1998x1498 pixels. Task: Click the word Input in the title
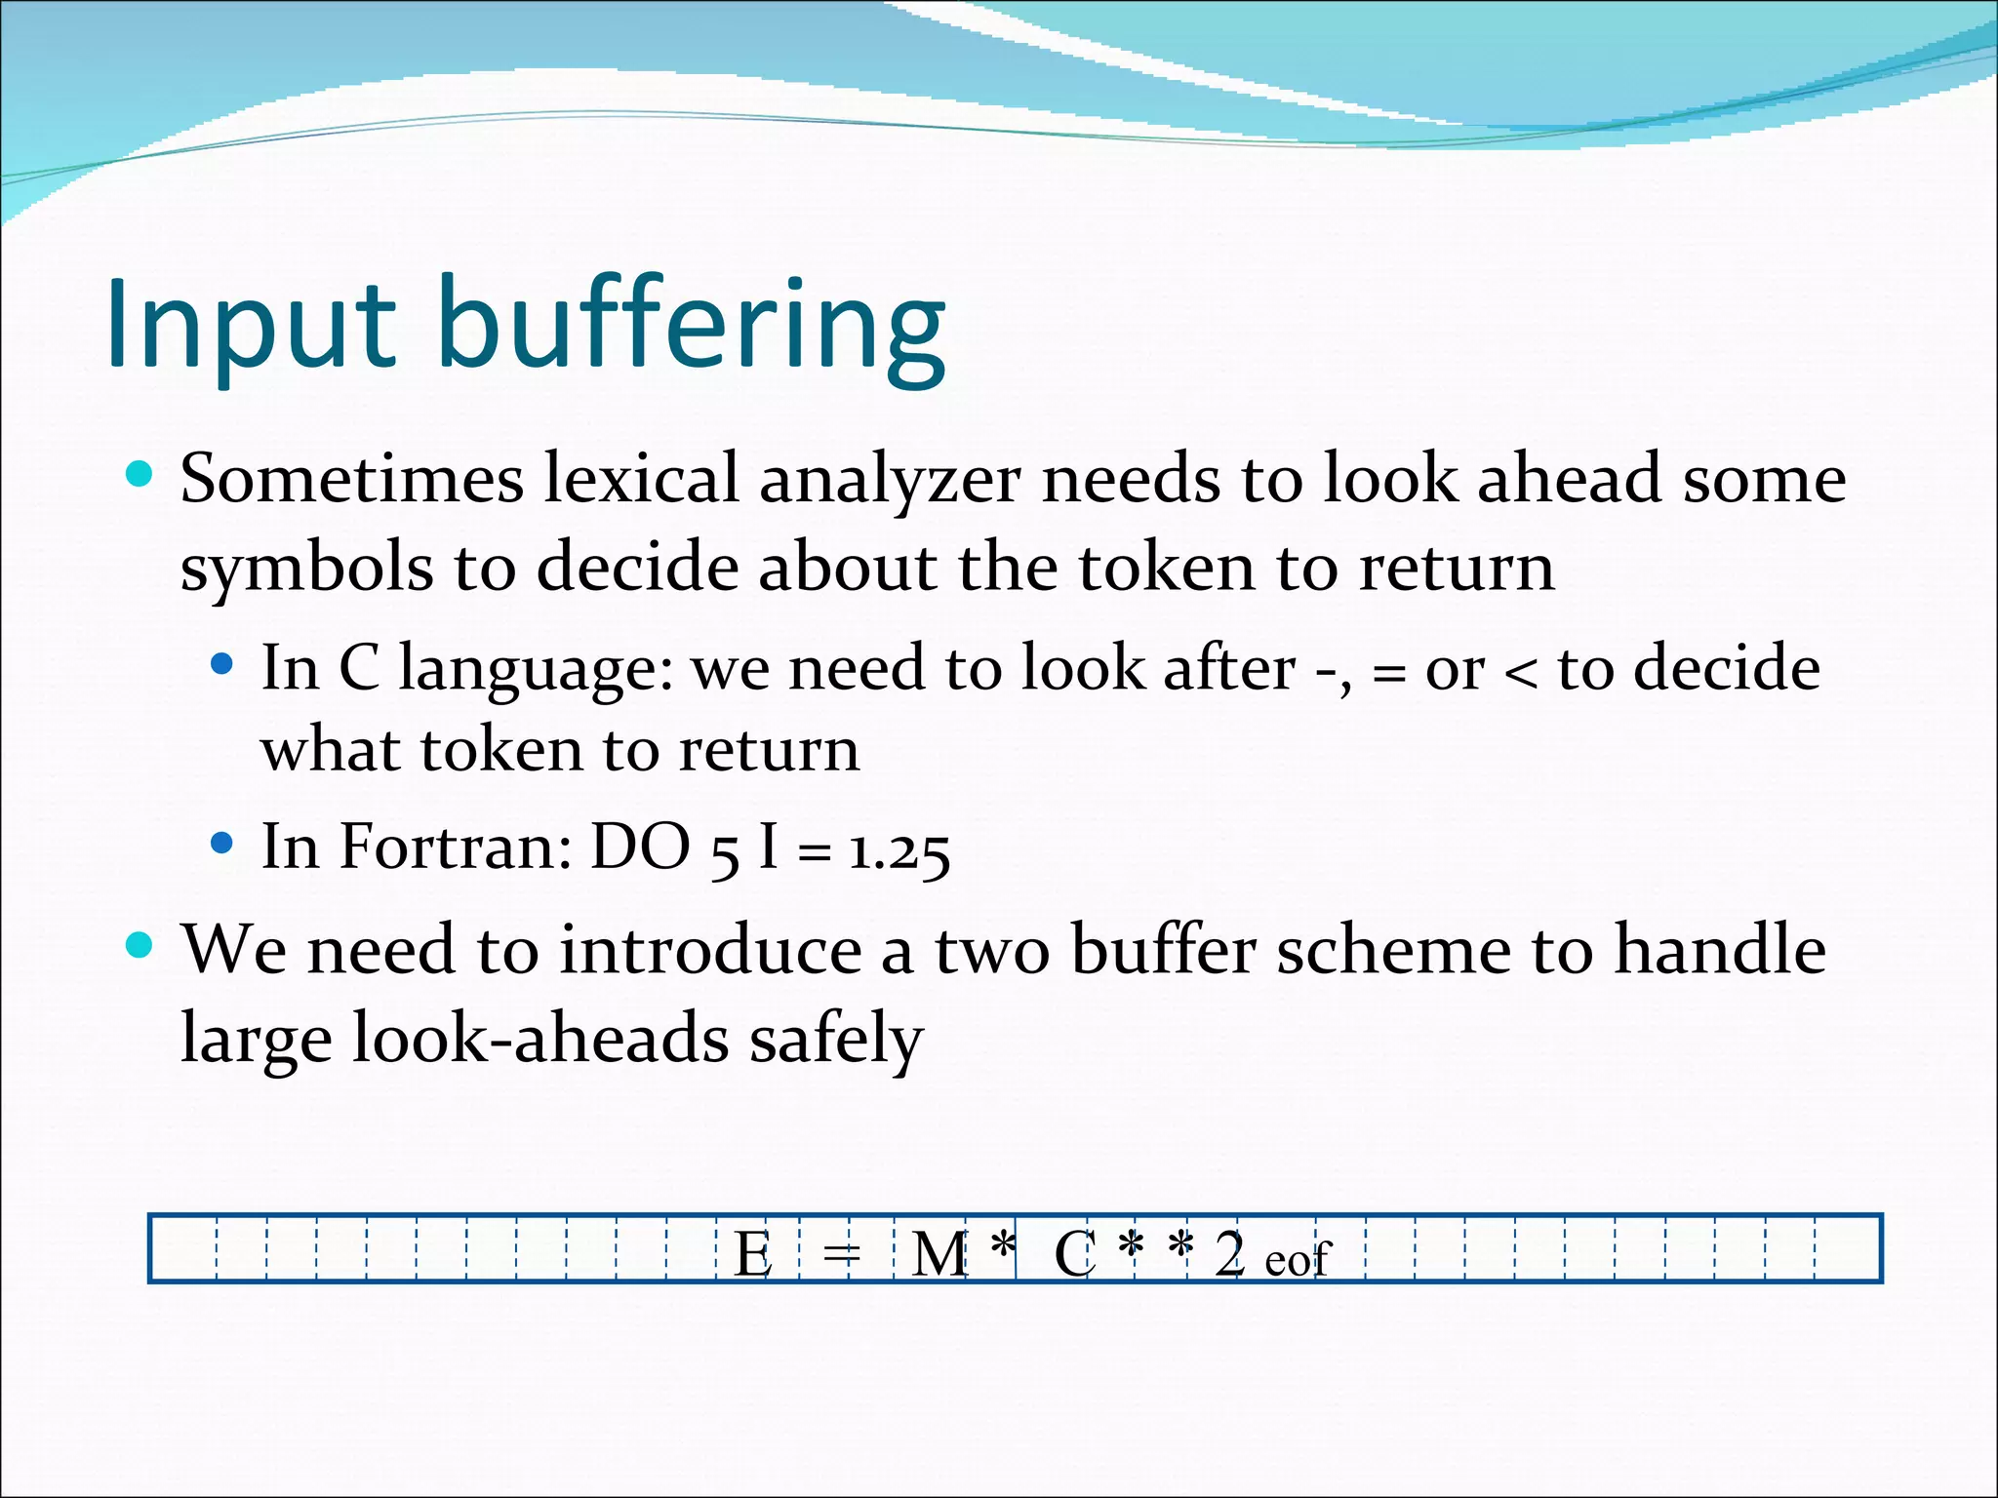[251, 325]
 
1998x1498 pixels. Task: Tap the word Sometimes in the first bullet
[352, 479]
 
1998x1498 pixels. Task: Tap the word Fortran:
[456, 847]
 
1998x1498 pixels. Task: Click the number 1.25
[899, 851]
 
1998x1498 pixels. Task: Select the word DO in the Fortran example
[641, 847]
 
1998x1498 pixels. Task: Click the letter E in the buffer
[752, 1254]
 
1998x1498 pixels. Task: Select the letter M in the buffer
[939, 1254]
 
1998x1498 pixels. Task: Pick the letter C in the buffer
[1074, 1254]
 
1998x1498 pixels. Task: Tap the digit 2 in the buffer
[1229, 1253]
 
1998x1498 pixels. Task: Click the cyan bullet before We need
[140, 945]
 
